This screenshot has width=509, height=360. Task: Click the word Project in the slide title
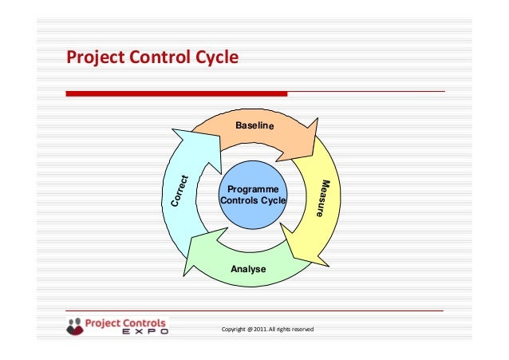coord(95,58)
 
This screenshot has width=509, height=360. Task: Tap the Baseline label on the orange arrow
coord(254,127)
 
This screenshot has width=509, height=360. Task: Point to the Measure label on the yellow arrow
coord(322,199)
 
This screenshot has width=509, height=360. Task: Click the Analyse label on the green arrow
coord(248,270)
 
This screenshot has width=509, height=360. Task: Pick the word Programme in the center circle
coord(253,189)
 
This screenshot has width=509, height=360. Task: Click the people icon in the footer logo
coord(75,326)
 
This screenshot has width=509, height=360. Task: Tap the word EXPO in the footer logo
coord(144,334)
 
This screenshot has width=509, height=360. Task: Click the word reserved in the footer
coord(301,330)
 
